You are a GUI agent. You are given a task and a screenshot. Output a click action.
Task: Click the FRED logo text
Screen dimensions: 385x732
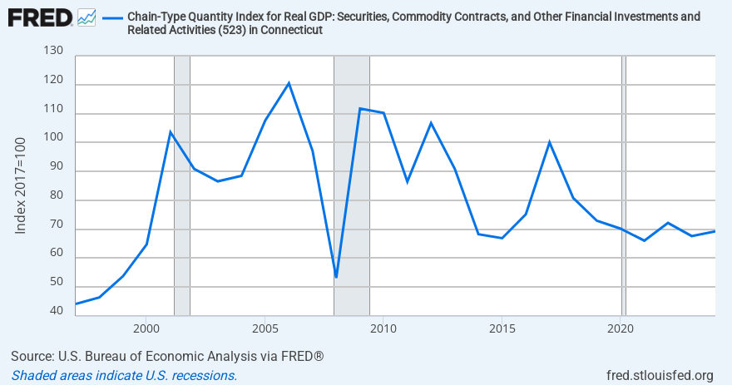(x=40, y=17)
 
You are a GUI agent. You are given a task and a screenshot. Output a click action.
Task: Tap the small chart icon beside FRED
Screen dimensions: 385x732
(x=86, y=17)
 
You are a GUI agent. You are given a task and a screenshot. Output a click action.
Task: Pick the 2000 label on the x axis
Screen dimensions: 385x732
(x=146, y=328)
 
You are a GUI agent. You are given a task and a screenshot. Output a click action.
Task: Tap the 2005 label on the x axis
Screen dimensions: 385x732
(x=265, y=328)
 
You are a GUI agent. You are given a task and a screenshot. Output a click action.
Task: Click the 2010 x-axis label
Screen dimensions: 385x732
(x=383, y=328)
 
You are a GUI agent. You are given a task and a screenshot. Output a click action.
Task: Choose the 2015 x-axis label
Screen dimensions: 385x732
(x=502, y=328)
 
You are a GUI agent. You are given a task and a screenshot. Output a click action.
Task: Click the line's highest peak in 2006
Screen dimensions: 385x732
(x=289, y=83)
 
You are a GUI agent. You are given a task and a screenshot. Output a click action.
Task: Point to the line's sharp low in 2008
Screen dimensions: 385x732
(x=336, y=277)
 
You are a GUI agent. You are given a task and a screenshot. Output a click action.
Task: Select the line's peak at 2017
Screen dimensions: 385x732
(x=549, y=142)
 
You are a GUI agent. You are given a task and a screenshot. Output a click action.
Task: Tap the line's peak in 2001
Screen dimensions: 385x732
(x=171, y=132)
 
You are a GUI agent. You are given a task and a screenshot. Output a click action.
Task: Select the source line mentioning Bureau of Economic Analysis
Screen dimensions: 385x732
(x=166, y=357)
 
